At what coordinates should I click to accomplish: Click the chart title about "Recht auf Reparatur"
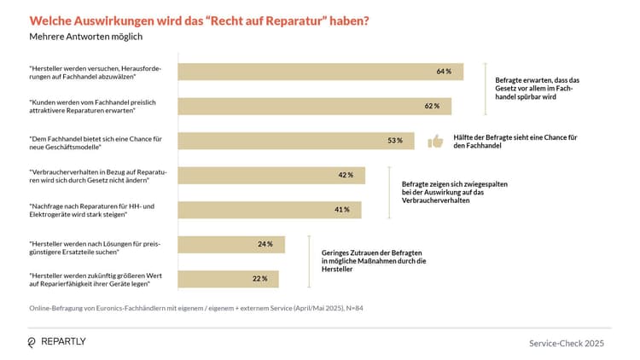200,20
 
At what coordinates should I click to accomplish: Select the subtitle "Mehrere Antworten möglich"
86,37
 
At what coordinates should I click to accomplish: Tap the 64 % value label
444,72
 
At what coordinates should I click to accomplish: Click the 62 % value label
432,107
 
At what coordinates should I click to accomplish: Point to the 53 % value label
394,141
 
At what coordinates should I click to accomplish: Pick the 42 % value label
346,175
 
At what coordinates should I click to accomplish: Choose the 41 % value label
341,210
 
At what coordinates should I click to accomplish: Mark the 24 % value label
265,245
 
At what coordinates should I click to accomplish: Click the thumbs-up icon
435,142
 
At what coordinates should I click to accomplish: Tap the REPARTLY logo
57,341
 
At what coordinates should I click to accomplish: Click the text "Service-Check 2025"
566,342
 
